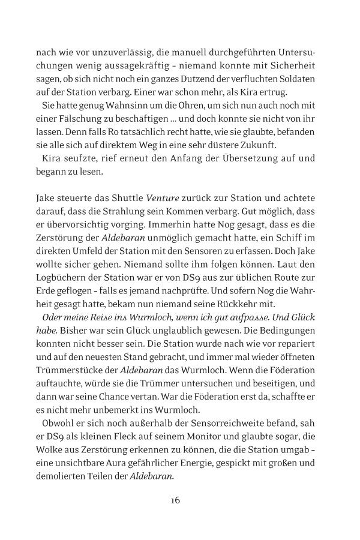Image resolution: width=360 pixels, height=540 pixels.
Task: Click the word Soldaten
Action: pos(302,80)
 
